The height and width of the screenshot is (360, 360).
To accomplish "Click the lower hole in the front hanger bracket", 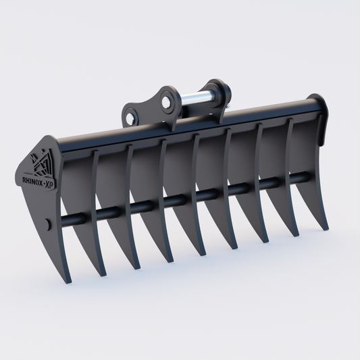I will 130,120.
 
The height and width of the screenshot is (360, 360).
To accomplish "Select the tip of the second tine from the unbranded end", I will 296,235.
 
